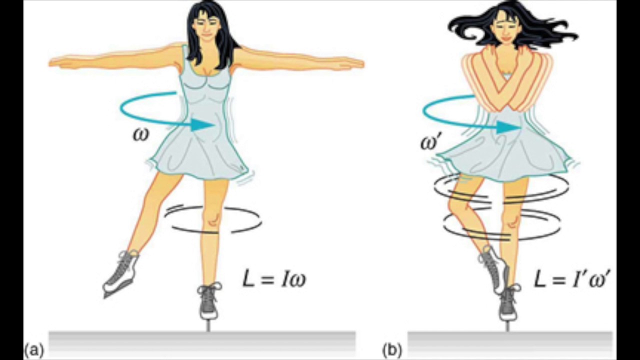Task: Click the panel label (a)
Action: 34,349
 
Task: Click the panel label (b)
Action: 392,349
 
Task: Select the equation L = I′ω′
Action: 570,279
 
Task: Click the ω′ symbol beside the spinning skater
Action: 430,142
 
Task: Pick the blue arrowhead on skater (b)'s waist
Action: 508,127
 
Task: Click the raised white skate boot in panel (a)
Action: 120,275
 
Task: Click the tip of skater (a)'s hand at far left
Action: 49,63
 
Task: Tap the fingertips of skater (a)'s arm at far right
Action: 363,64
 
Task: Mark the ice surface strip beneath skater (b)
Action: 509,345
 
